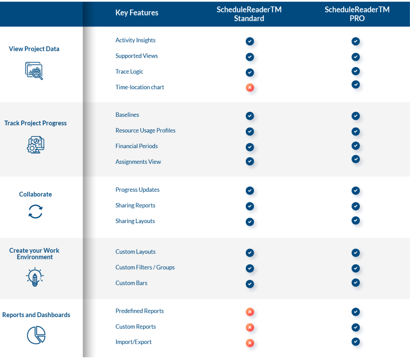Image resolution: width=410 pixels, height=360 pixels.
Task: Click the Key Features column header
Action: tap(137, 13)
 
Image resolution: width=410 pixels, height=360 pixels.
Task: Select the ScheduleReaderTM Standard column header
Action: tap(249, 14)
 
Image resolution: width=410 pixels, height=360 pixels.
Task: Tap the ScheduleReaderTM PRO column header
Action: tap(357, 14)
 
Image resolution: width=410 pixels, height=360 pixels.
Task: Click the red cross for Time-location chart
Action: tap(250, 87)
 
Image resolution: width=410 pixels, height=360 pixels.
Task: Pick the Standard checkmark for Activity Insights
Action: tap(250, 41)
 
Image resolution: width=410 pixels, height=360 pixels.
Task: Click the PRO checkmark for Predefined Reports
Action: tap(356, 312)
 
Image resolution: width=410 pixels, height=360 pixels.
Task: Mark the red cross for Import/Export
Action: tap(250, 343)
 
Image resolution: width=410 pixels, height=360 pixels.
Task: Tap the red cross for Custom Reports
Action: tap(250, 327)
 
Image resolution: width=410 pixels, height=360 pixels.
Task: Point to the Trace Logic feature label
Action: tap(129, 72)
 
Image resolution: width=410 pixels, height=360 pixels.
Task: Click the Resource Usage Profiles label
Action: tap(145, 131)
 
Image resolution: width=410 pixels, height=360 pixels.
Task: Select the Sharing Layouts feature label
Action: tap(135, 221)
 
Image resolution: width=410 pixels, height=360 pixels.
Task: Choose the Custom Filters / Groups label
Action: tap(145, 267)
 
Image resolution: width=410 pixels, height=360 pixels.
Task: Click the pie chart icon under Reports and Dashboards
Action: tap(36, 335)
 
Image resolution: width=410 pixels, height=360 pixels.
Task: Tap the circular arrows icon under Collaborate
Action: tap(35, 211)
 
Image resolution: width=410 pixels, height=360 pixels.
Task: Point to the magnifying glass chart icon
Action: tap(34, 71)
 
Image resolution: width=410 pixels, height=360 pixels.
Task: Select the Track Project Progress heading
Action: tap(36, 123)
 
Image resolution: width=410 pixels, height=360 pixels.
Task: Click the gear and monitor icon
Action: tap(35, 145)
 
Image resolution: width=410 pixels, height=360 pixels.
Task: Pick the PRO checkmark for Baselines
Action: tap(356, 116)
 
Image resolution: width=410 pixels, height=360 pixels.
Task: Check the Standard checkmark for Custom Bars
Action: tap(250, 284)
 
